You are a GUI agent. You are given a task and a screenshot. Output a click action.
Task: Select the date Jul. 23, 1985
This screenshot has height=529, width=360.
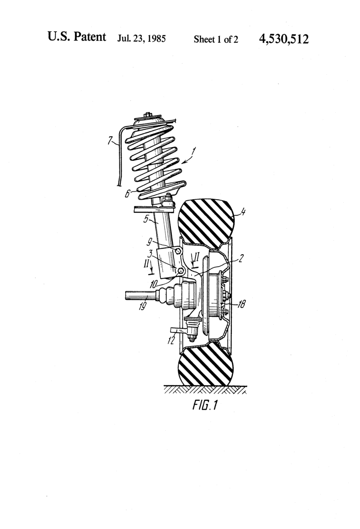coord(141,39)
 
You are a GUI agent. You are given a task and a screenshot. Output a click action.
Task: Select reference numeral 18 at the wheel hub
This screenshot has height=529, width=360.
coord(241,304)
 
